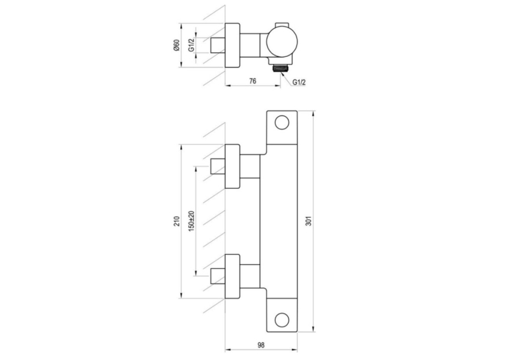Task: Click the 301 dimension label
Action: pyautogui.click(x=309, y=221)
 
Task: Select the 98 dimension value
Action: pyautogui.click(x=261, y=345)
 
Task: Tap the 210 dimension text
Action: pyautogui.click(x=177, y=221)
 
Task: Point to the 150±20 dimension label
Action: pyautogui.click(x=192, y=221)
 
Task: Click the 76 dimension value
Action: pyautogui.click(x=253, y=81)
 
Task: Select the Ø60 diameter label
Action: pyautogui.click(x=176, y=45)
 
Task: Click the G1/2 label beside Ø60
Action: pyautogui.click(x=191, y=45)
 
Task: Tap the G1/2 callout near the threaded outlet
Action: pyautogui.click(x=299, y=82)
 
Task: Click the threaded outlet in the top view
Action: pyautogui.click(x=281, y=68)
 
